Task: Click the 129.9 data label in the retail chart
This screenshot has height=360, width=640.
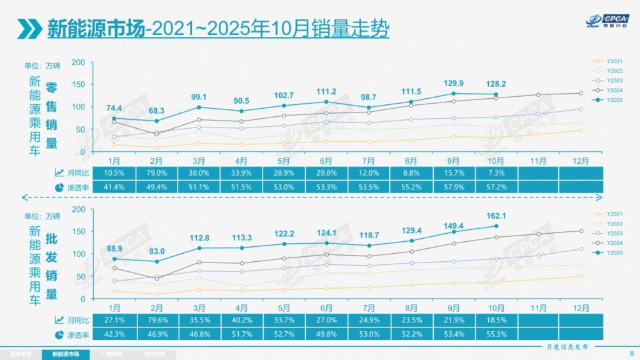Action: pos(453,83)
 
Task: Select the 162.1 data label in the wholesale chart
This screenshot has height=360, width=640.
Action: pos(496,216)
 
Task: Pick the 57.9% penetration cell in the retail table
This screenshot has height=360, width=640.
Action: pos(453,187)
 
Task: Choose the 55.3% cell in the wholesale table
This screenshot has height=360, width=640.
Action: pos(496,335)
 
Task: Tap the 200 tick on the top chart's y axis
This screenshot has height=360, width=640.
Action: pos(78,62)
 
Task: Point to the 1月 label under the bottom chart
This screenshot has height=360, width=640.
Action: pos(114,308)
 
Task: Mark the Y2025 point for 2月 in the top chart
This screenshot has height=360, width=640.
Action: pos(157,121)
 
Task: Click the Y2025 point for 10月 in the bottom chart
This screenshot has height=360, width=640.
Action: pos(496,226)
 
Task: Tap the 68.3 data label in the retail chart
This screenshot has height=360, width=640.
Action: pos(157,111)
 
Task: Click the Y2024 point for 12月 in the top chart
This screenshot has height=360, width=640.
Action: pos(581,93)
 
